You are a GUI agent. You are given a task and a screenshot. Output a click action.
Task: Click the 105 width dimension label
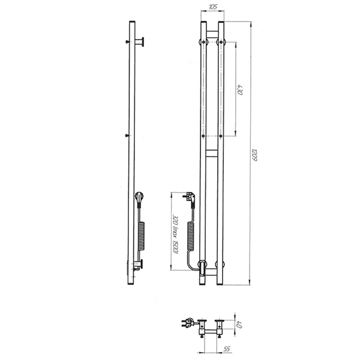[213, 7]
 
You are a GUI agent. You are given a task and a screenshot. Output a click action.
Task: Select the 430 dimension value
[239, 89]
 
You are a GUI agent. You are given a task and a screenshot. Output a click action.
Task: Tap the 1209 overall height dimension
[254, 155]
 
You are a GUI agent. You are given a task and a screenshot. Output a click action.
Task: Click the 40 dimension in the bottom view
[239, 325]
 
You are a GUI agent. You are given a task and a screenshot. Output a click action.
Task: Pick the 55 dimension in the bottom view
[227, 349]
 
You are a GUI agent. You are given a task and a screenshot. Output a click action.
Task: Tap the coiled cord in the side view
[142, 236]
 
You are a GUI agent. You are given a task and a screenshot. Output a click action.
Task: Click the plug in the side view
[140, 199]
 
